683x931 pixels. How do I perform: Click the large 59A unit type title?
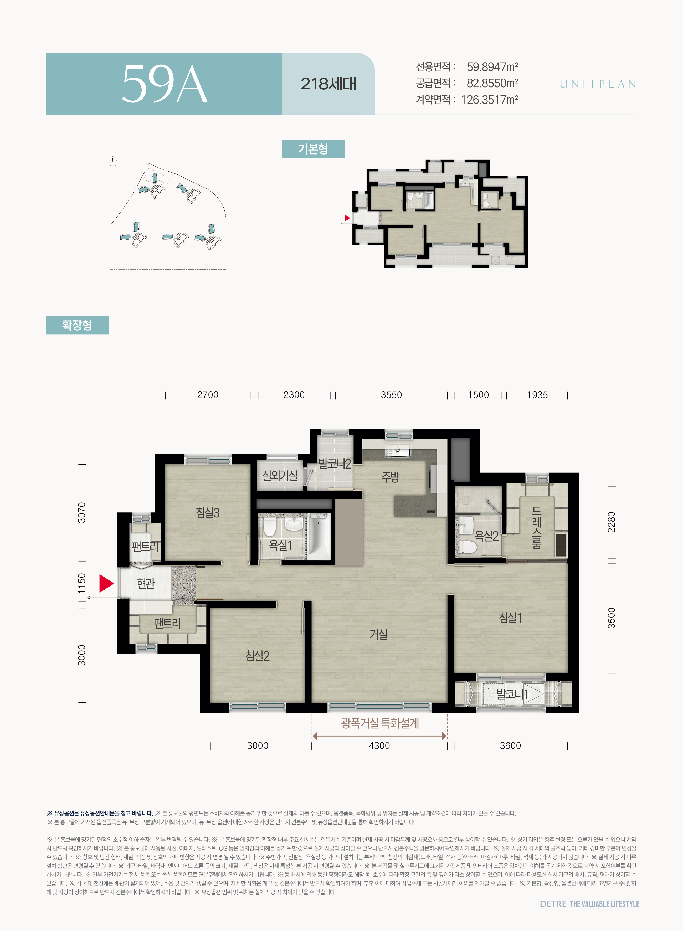point(164,84)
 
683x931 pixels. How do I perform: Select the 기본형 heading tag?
point(313,149)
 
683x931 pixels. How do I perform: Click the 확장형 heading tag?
point(77,325)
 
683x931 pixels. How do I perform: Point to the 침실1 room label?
point(510,618)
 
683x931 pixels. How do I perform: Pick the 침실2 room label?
point(257,656)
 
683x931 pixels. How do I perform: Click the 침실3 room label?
point(208,513)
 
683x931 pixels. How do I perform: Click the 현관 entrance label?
point(146,583)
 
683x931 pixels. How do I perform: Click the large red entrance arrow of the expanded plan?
point(106,583)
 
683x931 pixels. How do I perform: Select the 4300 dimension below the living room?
point(379,745)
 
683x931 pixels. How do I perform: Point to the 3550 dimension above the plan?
point(391,395)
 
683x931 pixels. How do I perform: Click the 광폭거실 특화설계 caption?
point(380,723)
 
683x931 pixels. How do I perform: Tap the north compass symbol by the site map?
point(113,162)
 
